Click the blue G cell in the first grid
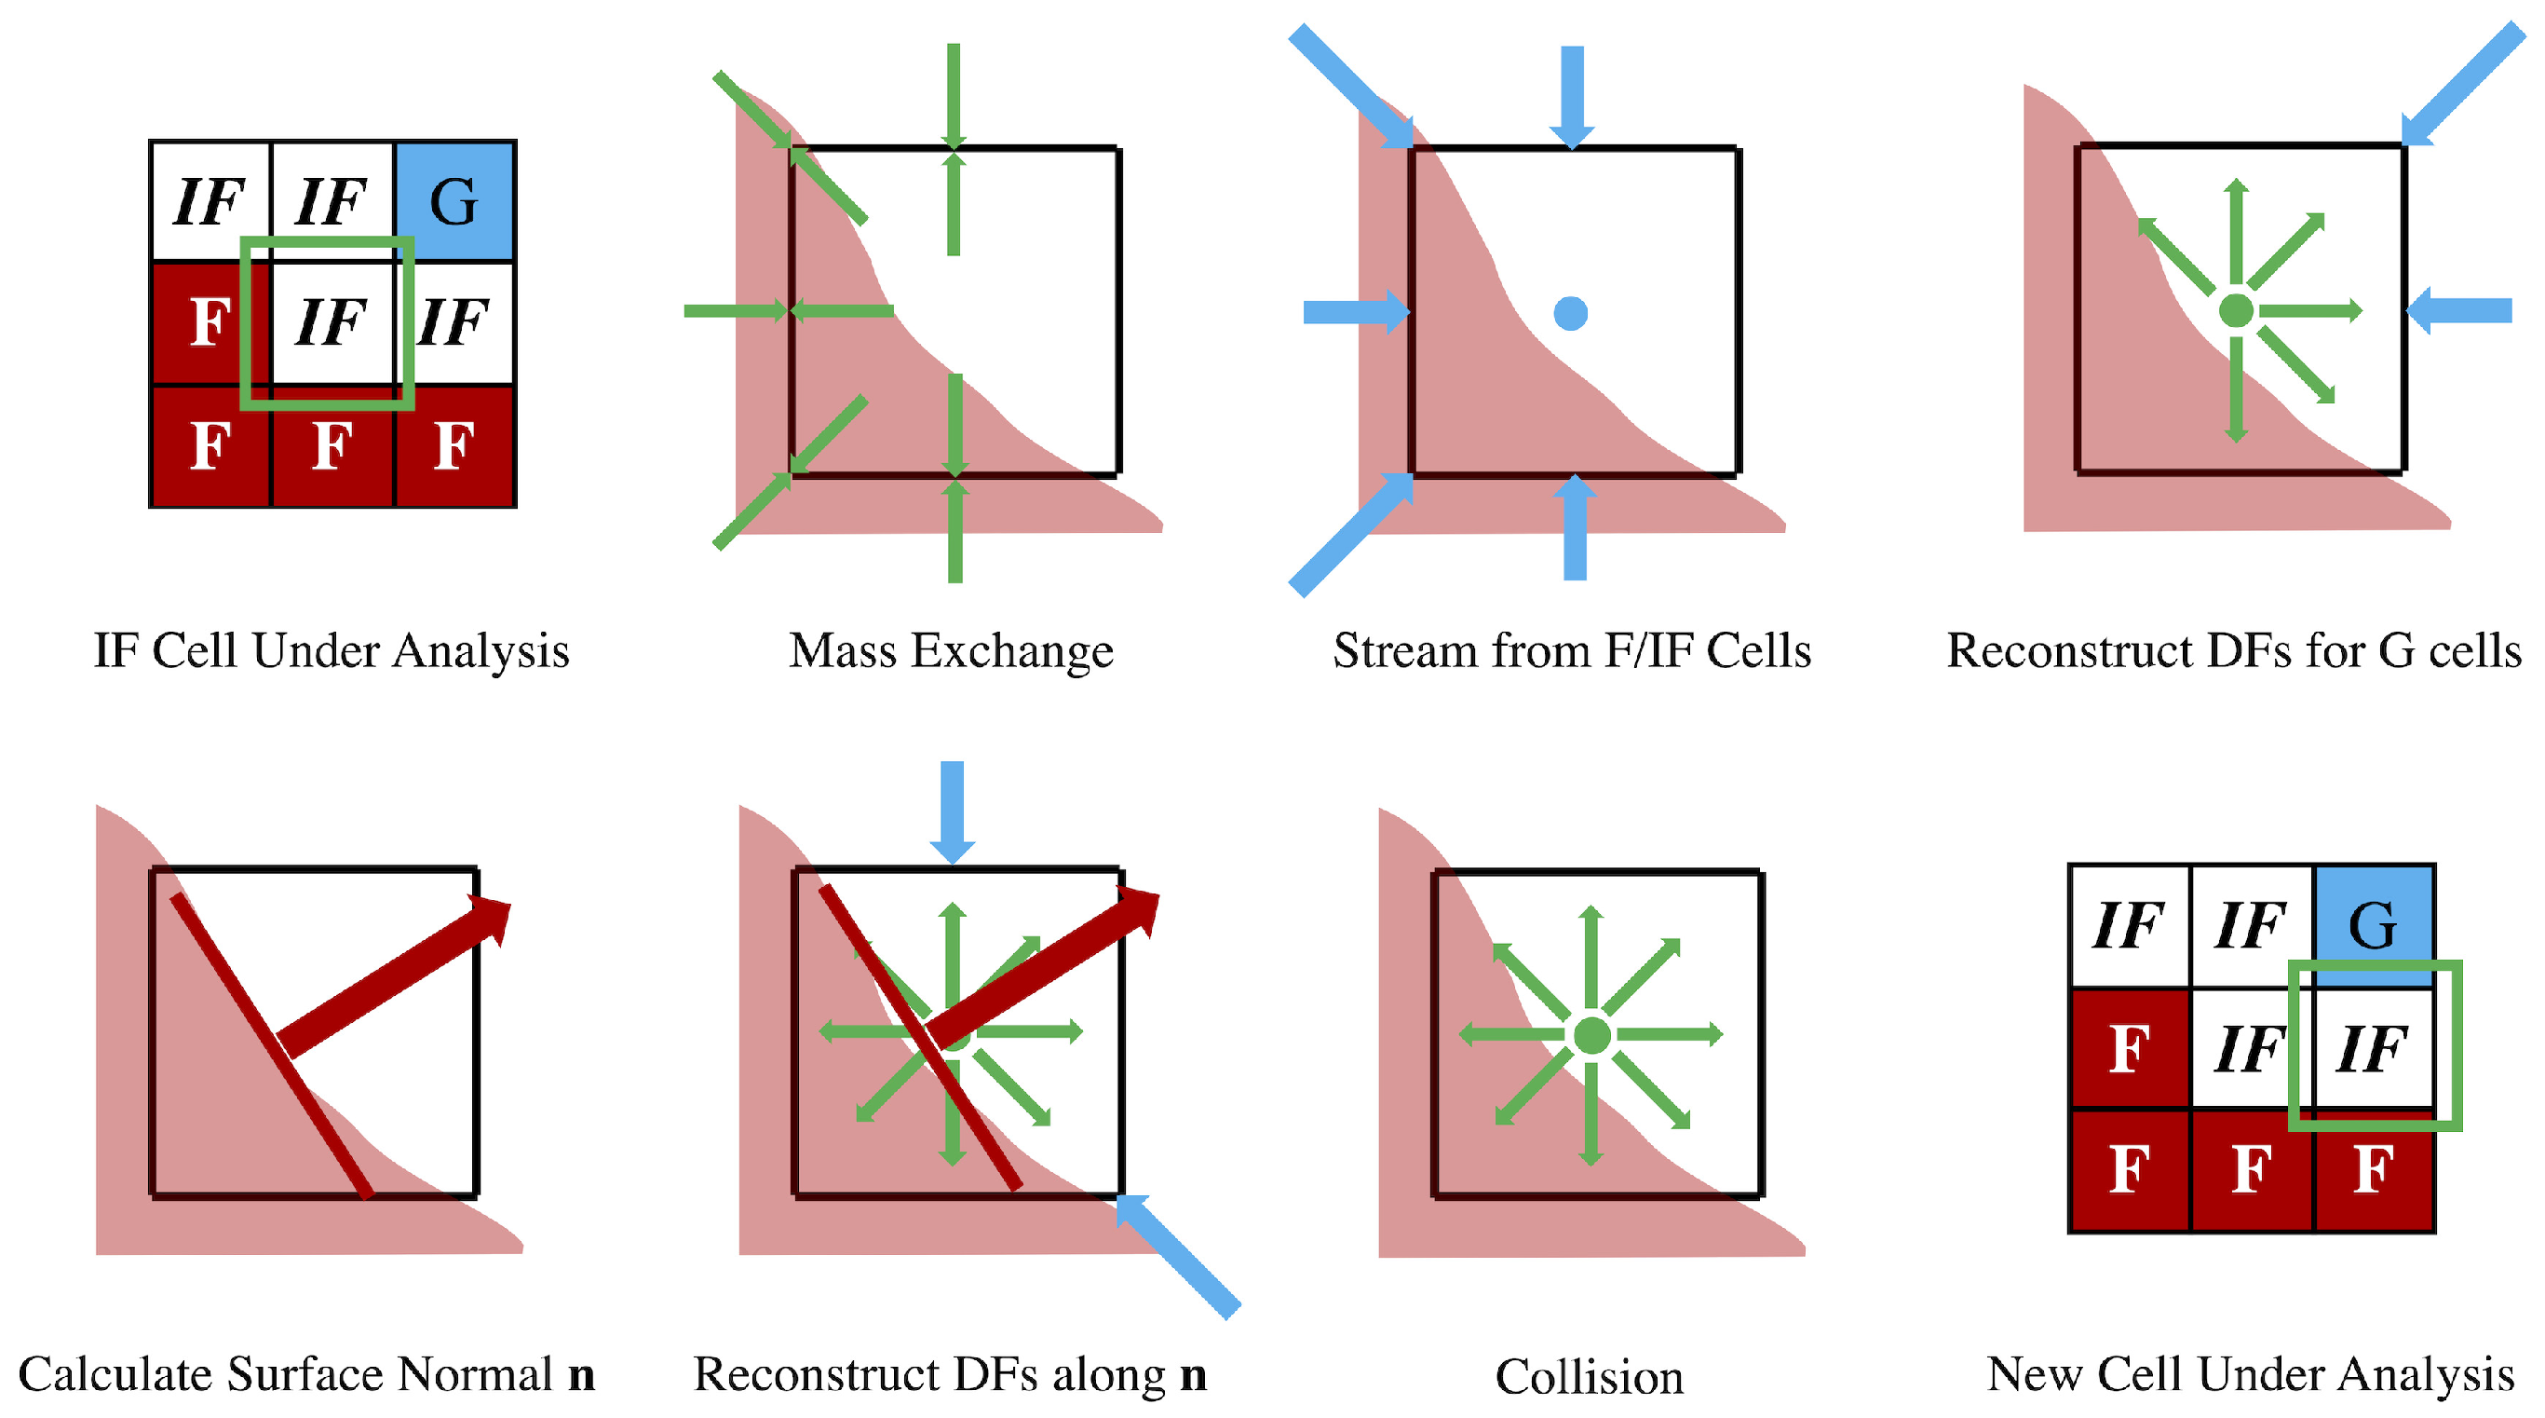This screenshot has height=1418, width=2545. (454, 200)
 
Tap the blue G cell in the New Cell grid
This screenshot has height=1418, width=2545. (2373, 924)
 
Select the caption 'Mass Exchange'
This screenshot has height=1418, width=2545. (951, 651)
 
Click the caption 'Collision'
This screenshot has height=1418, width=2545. (1589, 1376)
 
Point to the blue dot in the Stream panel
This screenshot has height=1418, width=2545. (1570, 313)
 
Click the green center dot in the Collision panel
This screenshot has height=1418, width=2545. (1591, 1036)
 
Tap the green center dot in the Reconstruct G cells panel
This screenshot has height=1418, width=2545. (2236, 310)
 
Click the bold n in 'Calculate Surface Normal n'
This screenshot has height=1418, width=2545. (581, 1374)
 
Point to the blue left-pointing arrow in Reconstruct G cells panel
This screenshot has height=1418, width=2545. (2460, 310)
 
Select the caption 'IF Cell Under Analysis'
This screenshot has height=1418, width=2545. (332, 651)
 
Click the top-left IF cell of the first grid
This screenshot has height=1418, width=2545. (210, 200)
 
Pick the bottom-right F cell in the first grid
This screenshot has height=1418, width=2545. (454, 445)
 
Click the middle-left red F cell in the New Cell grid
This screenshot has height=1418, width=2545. (2129, 1047)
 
